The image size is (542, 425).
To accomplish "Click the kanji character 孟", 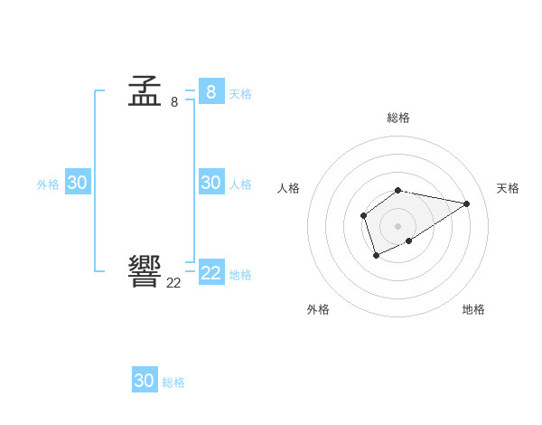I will click(145, 91).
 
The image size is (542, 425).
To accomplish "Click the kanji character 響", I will click(145, 270).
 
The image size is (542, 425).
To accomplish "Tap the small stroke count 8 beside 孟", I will click(174, 102).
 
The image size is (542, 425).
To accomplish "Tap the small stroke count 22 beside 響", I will click(173, 282).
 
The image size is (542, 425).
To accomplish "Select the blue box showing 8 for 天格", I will click(211, 91).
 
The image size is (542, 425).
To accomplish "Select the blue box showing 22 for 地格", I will click(211, 272).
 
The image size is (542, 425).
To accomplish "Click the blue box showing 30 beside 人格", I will click(211, 182).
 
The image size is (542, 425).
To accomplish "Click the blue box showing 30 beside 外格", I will click(77, 182).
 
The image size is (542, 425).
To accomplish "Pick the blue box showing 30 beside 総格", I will click(145, 381).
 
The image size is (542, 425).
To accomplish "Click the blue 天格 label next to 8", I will click(240, 93).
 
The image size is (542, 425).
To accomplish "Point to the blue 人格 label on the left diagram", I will click(240, 184).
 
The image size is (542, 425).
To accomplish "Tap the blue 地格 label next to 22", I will click(240, 274).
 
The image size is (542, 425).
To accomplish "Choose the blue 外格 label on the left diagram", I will click(48, 184).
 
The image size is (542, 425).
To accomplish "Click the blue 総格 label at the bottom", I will click(173, 382).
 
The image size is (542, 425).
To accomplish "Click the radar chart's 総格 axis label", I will click(398, 118).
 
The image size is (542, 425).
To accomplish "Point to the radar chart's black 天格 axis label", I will click(508, 188).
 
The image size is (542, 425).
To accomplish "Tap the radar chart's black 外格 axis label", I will click(318, 309).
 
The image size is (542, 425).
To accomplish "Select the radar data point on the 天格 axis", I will click(466, 203).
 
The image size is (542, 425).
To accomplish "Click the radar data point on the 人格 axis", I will click(363, 215).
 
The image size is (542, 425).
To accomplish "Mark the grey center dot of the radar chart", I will click(398, 226).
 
